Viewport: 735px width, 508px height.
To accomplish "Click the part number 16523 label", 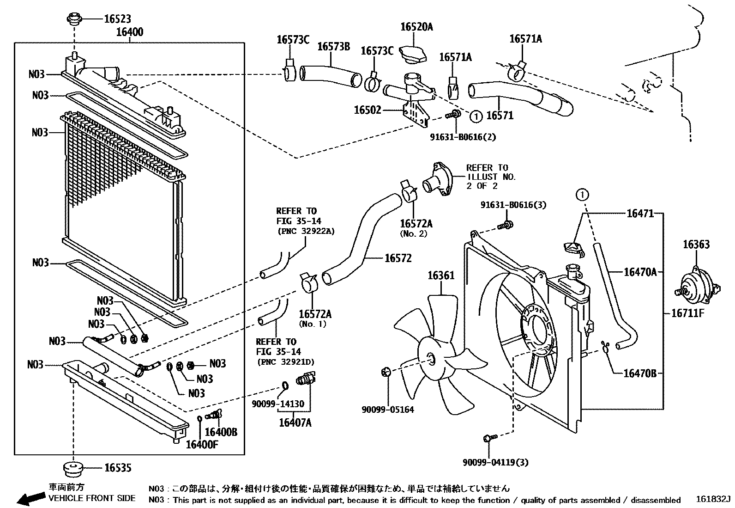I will click(117, 19).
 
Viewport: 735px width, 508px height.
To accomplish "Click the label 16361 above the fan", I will click(440, 275).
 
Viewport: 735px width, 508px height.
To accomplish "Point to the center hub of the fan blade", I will click(430, 359).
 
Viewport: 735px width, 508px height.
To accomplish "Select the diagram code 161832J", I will click(713, 500).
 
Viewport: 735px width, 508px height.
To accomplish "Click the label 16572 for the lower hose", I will click(398, 258).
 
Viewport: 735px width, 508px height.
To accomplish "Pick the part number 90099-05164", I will click(387, 410).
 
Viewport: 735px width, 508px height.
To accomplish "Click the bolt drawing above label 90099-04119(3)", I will click(489, 437).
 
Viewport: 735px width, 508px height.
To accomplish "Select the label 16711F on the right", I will click(687, 313).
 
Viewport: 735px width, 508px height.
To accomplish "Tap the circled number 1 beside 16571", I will click(476, 116).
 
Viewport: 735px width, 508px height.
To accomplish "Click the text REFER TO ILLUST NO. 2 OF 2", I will click(491, 177).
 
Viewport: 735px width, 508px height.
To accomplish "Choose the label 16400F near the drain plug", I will click(202, 445).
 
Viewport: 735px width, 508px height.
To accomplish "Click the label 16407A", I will click(295, 422).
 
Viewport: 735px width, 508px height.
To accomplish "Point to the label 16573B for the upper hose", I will click(333, 47).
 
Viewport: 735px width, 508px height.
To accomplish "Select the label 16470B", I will click(639, 373).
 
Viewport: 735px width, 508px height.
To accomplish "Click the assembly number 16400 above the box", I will click(130, 32).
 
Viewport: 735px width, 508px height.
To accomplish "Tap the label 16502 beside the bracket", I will click(367, 110).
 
